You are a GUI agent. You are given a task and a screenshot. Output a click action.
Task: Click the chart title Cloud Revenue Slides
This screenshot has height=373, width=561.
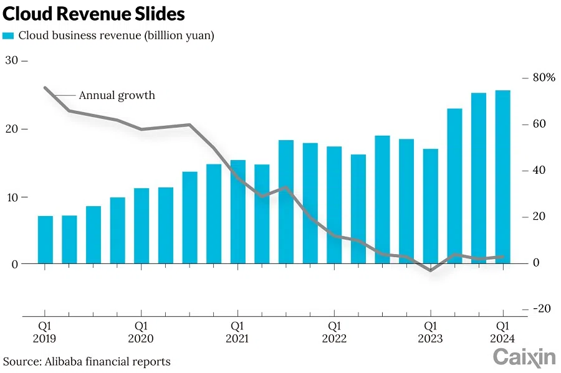click(94, 14)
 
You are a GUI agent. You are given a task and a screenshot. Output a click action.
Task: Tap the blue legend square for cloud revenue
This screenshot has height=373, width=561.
click(8, 36)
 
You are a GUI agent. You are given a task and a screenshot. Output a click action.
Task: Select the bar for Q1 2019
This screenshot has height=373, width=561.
click(45, 240)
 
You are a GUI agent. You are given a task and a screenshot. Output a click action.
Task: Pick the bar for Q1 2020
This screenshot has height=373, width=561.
click(141, 225)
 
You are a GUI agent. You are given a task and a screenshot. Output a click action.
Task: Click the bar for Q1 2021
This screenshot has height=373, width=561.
click(238, 212)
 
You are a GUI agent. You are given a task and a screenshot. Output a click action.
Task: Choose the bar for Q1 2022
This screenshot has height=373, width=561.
click(335, 205)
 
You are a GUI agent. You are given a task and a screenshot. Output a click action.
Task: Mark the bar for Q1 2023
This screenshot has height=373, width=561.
click(431, 206)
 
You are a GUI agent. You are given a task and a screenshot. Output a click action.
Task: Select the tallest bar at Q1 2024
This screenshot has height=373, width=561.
click(503, 177)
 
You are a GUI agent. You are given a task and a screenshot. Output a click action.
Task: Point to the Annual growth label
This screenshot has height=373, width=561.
click(117, 95)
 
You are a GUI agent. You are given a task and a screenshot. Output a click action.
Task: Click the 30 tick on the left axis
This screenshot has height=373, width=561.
click(12, 60)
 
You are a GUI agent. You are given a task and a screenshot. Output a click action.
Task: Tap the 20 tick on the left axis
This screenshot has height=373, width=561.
click(12, 129)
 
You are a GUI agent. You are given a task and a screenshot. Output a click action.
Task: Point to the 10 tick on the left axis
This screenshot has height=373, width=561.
click(12, 197)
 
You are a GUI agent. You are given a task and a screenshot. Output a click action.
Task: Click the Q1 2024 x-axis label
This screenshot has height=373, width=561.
click(502, 332)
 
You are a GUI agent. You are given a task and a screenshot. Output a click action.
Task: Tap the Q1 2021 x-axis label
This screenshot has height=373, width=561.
click(237, 332)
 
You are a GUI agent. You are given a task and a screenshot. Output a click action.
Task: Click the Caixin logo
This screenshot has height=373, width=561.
click(524, 357)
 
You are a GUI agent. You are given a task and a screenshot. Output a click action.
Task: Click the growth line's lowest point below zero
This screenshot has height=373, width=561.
click(431, 270)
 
